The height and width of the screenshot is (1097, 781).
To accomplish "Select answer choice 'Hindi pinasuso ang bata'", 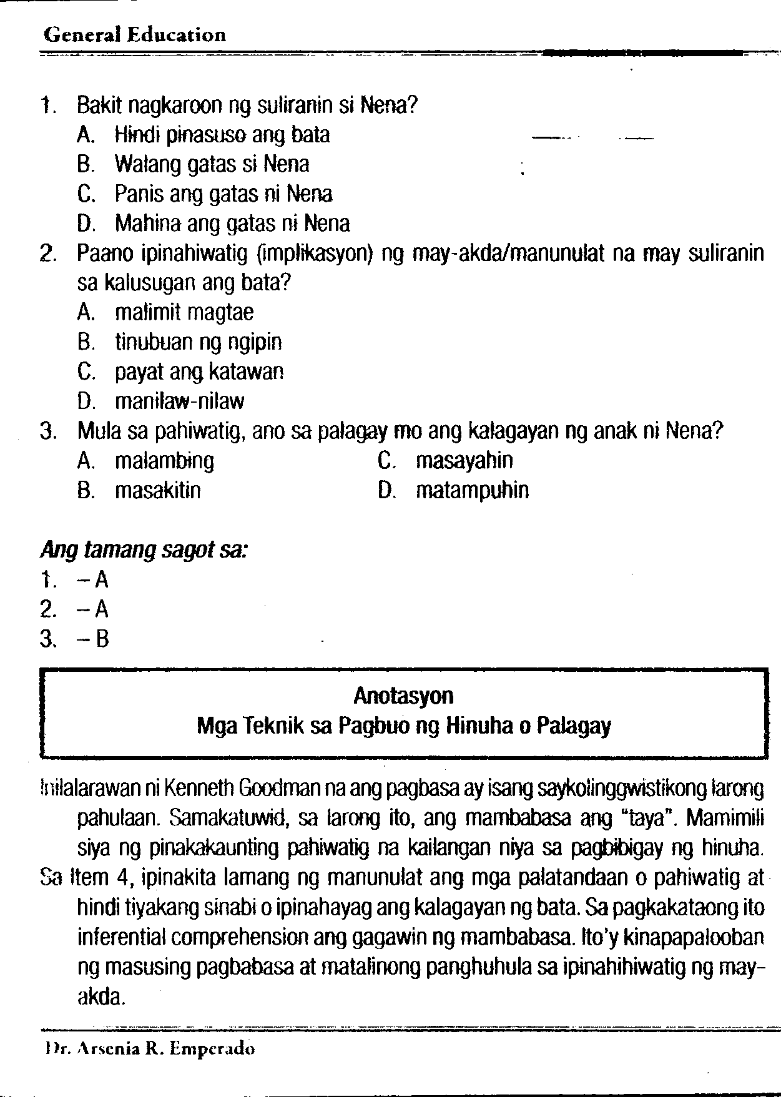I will coord(222,135).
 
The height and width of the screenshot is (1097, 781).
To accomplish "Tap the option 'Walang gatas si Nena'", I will coord(212,165).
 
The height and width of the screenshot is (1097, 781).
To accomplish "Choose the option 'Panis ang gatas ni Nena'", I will coord(223,194).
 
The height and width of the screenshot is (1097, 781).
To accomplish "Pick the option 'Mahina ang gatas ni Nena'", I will coord(232,224).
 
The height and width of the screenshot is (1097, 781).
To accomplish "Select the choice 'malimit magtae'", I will coord(184,312).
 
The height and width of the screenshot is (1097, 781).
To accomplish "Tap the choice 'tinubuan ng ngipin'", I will coord(199,342).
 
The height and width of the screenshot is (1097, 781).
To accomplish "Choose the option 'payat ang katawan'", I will coord(200,372).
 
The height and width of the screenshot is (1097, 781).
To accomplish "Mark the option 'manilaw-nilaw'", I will coord(180,401).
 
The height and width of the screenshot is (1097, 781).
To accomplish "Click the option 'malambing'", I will coord(164,461).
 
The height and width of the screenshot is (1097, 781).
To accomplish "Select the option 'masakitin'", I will coord(158,491).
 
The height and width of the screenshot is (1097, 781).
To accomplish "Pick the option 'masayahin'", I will coord(464,461).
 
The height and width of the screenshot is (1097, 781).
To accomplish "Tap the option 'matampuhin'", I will coord(472,491).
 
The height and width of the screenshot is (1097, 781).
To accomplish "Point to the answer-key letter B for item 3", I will coord(102,639).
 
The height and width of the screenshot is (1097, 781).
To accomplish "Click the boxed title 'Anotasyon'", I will coord(403,696).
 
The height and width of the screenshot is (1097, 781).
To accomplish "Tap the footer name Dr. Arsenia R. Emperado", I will coord(148,1049).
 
